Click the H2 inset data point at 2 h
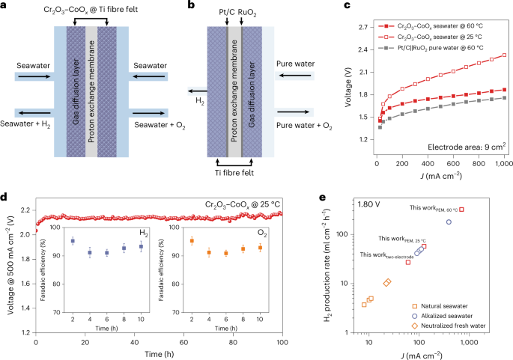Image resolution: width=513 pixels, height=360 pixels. (x=73, y=241)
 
